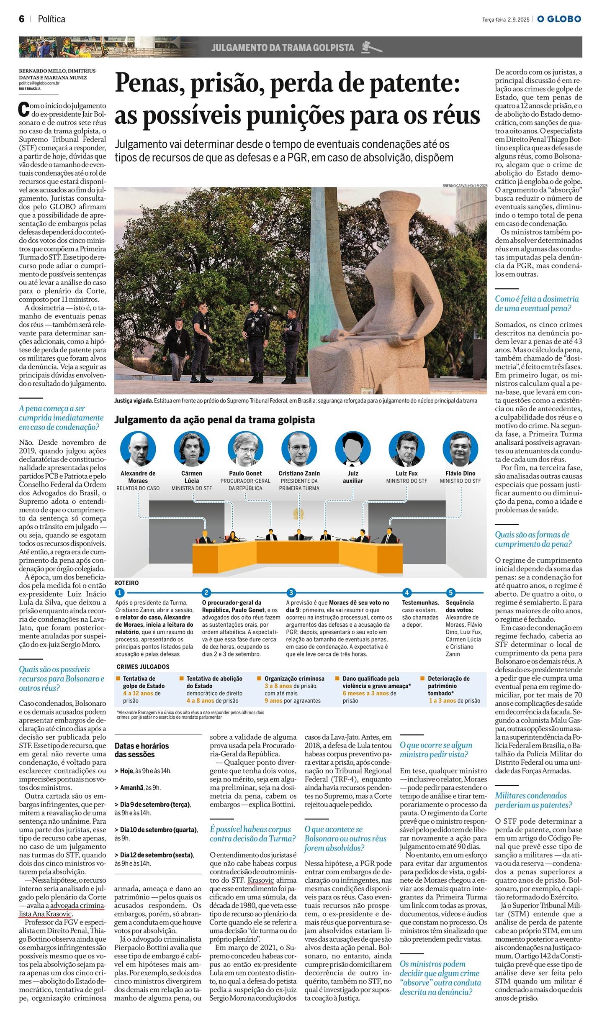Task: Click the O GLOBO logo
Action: tap(559, 19)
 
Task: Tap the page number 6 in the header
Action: tap(22, 19)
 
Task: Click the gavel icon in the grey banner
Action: tap(371, 47)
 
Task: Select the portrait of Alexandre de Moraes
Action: tap(138, 449)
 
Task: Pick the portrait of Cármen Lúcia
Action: tap(191, 449)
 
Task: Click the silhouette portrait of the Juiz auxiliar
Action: tap(353, 449)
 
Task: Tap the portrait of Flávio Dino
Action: tap(460, 449)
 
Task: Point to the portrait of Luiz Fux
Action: tap(406, 449)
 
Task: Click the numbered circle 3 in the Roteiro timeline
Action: tap(291, 592)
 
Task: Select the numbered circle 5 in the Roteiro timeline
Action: tap(451, 592)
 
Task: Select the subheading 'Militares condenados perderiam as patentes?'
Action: tap(533, 800)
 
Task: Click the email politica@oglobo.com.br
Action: tap(39, 83)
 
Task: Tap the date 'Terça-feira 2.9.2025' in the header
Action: tap(506, 19)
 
